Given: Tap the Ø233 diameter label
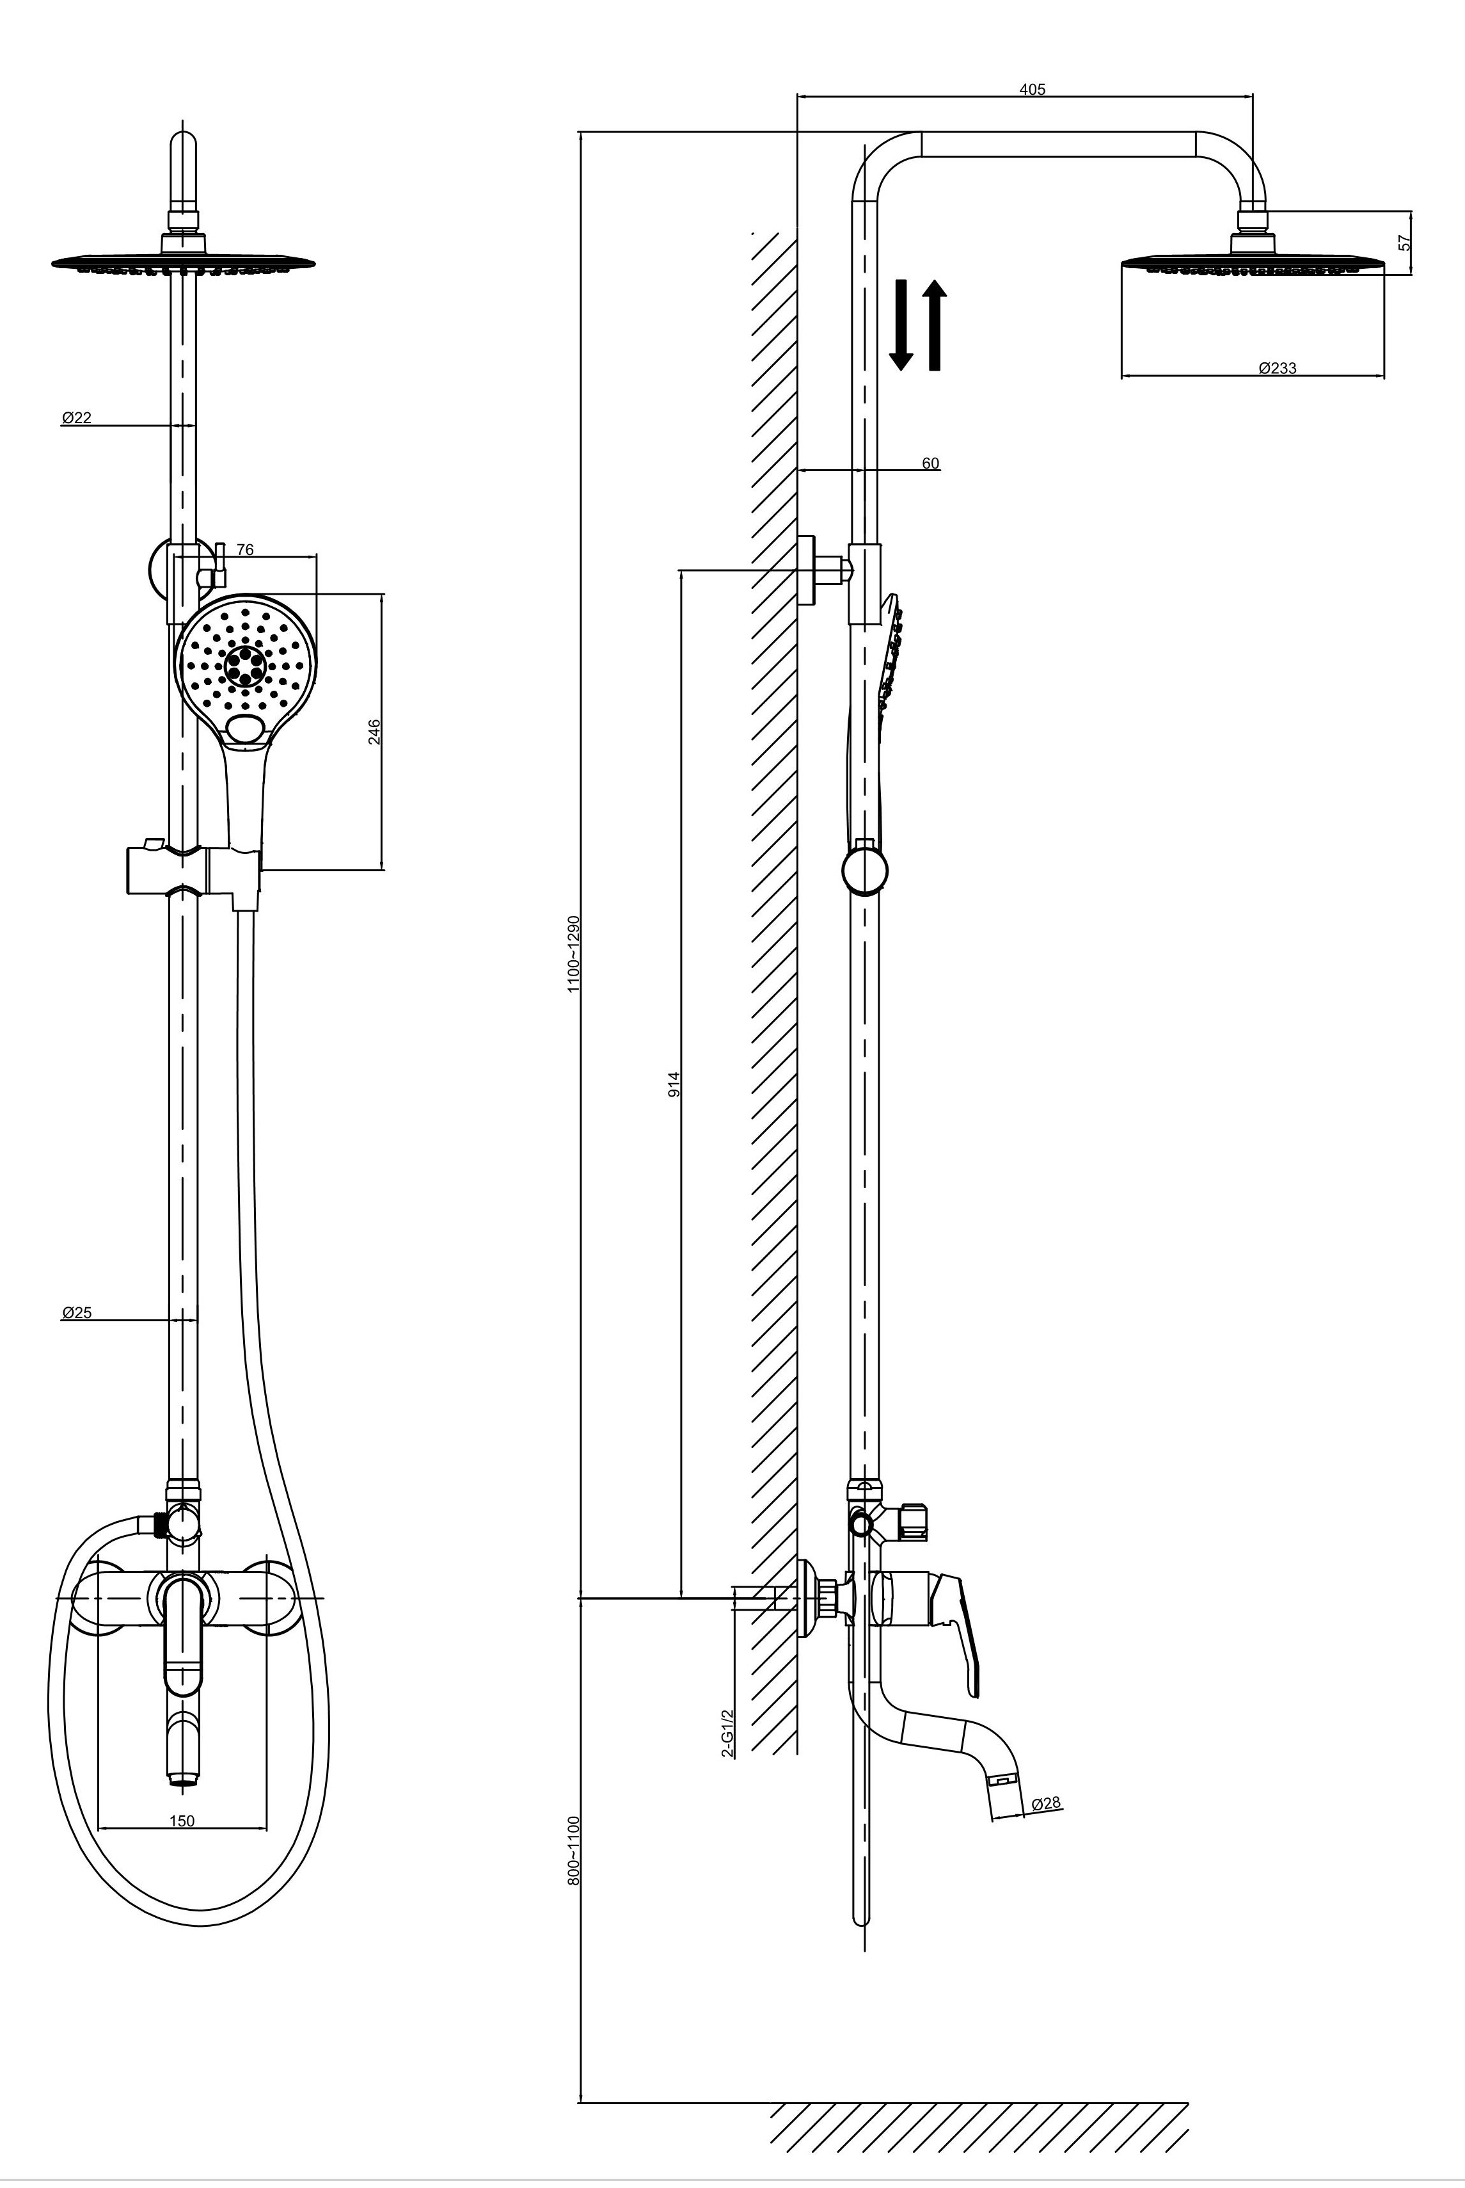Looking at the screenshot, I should pyautogui.click(x=1277, y=368).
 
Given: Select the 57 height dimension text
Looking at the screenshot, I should pyautogui.click(x=1404, y=242).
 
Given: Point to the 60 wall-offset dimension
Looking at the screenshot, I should pyautogui.click(x=931, y=463).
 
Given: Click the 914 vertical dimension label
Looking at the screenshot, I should pyautogui.click(x=674, y=1084).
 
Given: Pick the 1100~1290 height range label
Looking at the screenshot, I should pyautogui.click(x=574, y=953).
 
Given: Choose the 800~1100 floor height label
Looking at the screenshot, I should pyautogui.click(x=574, y=1851).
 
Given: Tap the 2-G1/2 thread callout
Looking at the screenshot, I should pyautogui.click(x=728, y=1734).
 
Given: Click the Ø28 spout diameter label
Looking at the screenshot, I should pyautogui.click(x=1047, y=1803).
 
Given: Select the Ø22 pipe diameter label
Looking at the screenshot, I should pyautogui.click(x=77, y=418).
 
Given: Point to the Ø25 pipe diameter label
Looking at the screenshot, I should pyautogui.click(x=77, y=1312).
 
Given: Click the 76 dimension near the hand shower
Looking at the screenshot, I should pyautogui.click(x=245, y=551).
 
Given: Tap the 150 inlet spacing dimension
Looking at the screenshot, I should pyautogui.click(x=182, y=1821).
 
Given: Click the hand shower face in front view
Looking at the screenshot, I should pyautogui.click(x=246, y=664).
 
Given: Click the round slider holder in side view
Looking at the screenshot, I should pyautogui.click(x=865, y=870).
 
